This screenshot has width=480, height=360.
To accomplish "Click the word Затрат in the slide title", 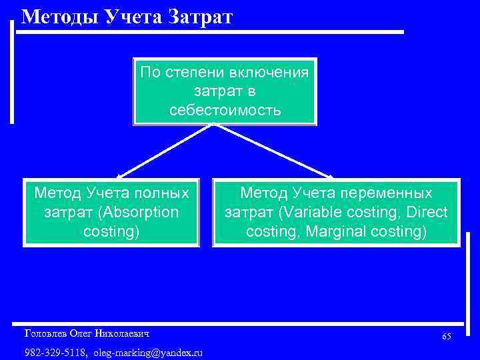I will [200, 16].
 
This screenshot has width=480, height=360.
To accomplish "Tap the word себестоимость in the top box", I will [225, 109].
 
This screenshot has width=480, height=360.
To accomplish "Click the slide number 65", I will [446, 337].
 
